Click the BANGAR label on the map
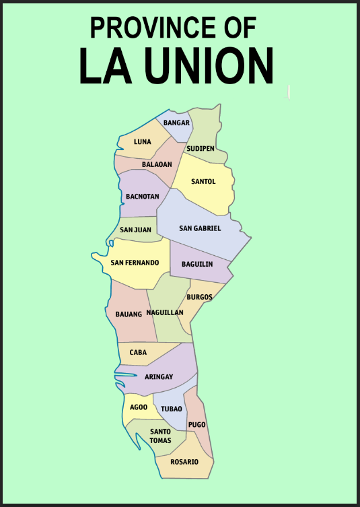tap(176, 123)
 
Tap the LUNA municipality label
tap(143, 142)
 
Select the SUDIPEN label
tap(201, 148)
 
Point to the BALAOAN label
tap(157, 164)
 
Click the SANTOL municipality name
tap(203, 182)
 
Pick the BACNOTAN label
tap(143, 197)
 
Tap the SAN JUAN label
tap(135, 230)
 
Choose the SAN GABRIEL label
tap(200, 228)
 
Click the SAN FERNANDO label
tap(135, 262)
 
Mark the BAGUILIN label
tap(196, 264)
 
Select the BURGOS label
tap(200, 297)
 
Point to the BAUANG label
tap(129, 314)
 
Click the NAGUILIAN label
tap(165, 313)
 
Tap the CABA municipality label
tap(138, 352)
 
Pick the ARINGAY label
tap(159, 378)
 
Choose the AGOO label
tap(139, 407)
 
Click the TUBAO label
tap(172, 409)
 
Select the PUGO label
tap(197, 425)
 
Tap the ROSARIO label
tap(184, 462)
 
